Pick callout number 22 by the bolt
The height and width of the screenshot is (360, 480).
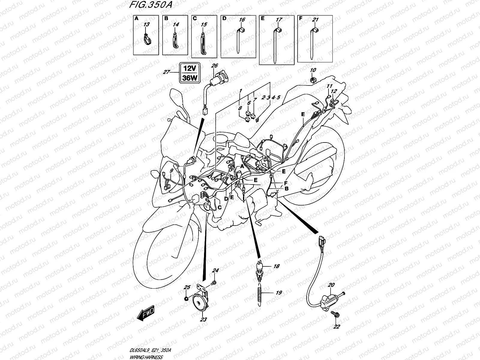[337, 326]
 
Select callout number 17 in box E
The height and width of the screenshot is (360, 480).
[279, 20]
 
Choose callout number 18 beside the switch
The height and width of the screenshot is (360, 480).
[276, 266]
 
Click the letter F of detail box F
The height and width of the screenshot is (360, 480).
[301, 18]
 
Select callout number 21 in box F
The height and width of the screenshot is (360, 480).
[315, 20]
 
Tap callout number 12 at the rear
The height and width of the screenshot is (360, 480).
[334, 91]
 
